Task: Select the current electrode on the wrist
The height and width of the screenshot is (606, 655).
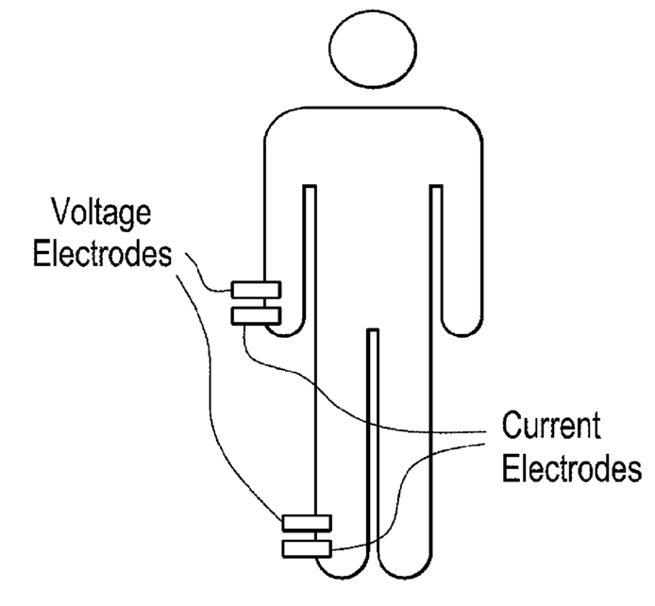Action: [256, 314]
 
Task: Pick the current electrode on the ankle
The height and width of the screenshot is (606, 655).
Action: [307, 547]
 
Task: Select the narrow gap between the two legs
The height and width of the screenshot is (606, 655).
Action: [372, 444]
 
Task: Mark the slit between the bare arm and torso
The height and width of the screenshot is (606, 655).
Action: [436, 255]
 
